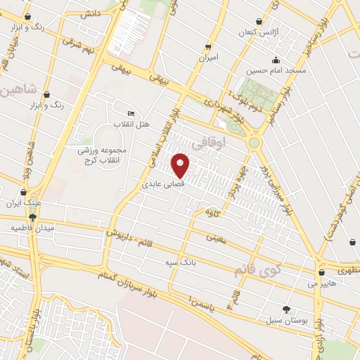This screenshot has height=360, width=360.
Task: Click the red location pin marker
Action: tap(181, 165)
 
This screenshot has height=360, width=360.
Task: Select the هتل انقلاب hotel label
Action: tap(132, 124)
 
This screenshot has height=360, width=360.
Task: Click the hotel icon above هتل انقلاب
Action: tap(131, 114)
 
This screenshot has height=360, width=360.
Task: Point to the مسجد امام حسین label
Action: tap(275, 71)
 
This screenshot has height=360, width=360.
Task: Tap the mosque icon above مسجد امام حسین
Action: tap(275, 60)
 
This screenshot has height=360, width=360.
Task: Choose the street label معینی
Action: tap(216, 239)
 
